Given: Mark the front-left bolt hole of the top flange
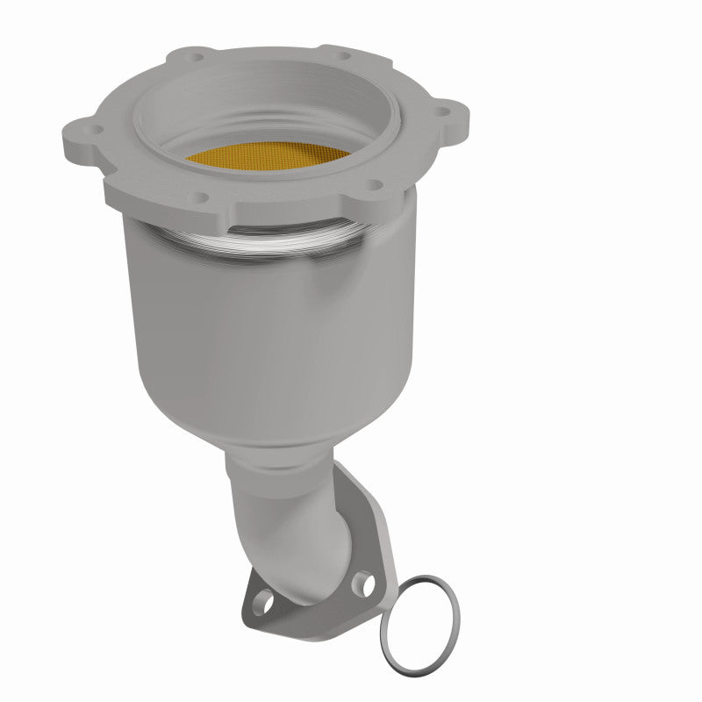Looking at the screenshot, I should (x=204, y=197).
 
